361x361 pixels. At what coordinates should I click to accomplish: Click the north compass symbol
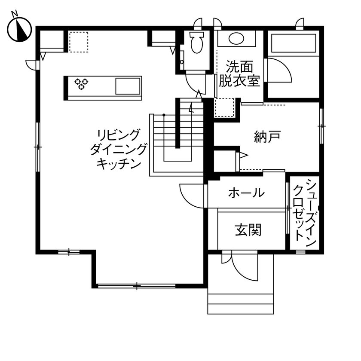point(20,29)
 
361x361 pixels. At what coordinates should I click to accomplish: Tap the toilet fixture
point(196,42)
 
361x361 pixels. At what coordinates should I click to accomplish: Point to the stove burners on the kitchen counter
point(81,83)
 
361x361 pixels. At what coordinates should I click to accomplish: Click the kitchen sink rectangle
point(128,86)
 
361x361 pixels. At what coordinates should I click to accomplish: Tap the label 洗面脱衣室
point(239,74)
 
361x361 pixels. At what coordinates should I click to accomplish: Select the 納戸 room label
point(267,137)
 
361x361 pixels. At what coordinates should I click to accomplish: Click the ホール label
point(246,193)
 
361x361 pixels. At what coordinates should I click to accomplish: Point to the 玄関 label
point(248,230)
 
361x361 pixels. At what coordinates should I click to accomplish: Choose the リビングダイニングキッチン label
point(119,149)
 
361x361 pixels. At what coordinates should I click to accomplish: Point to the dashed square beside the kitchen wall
point(79,42)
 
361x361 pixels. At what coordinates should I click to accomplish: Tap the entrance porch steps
point(241,304)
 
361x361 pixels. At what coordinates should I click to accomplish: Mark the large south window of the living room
point(137,285)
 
